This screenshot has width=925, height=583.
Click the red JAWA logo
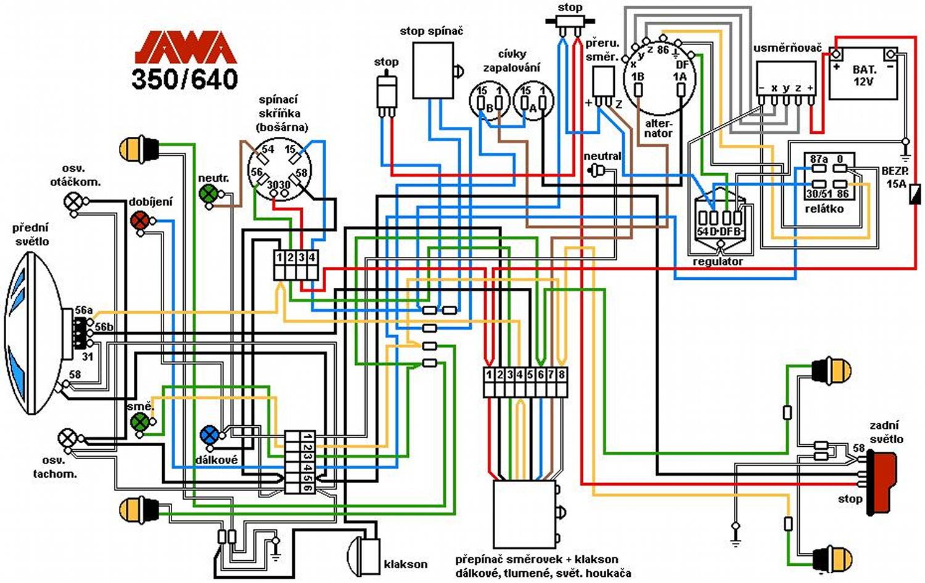(x=185, y=48)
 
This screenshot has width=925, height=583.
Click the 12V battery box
(x=863, y=75)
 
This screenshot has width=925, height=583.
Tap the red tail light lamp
(x=883, y=479)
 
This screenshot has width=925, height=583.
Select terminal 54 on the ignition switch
(x=266, y=150)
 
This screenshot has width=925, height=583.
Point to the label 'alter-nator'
(x=659, y=128)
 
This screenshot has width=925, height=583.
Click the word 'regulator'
(x=718, y=261)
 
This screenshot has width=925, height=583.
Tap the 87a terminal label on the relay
(x=818, y=160)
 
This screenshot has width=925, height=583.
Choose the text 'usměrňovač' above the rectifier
(x=787, y=48)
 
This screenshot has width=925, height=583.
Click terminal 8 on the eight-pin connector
(x=561, y=375)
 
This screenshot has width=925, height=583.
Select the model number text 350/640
(x=185, y=79)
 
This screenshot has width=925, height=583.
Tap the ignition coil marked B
(x=490, y=102)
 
